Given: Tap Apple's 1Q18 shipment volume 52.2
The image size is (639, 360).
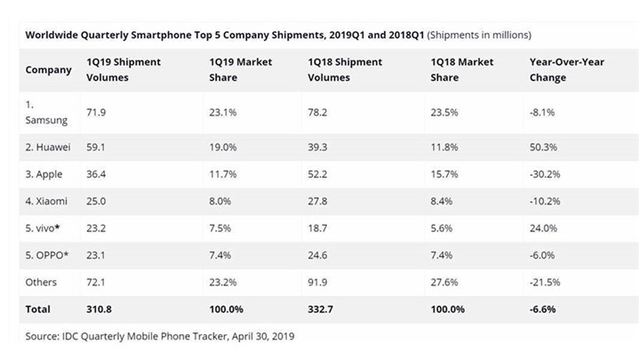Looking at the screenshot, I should click(320, 173).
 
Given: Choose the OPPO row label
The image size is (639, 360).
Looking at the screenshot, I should click(45, 255).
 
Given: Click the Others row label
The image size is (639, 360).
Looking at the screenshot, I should click(41, 282).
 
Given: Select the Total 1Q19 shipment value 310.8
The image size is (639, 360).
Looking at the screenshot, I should click(100, 309).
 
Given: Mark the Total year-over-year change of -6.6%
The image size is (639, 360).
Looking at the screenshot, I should click(543, 309).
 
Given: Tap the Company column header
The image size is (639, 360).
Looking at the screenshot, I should click(49, 70).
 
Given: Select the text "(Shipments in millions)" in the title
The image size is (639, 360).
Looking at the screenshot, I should click(480, 35).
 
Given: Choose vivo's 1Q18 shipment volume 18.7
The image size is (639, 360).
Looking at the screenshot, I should click(320, 228).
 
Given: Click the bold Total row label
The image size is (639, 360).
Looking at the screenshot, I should click(38, 309).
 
